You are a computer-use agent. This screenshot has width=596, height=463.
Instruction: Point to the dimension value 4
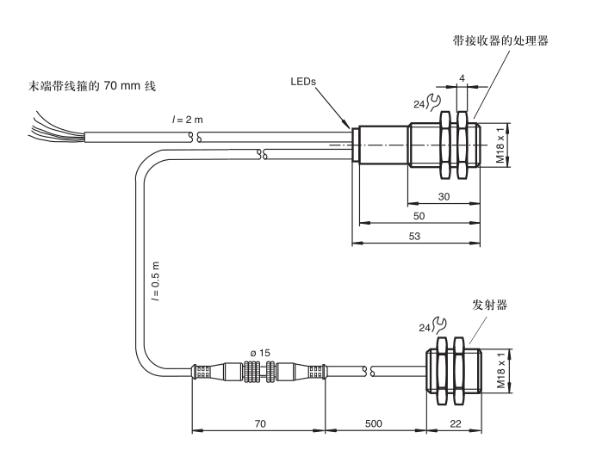click(463, 78)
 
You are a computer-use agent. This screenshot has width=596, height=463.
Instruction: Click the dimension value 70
click(258, 424)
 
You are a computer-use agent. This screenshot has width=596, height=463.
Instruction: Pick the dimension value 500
click(376, 424)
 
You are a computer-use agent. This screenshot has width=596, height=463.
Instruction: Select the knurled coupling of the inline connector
click(258, 371)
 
